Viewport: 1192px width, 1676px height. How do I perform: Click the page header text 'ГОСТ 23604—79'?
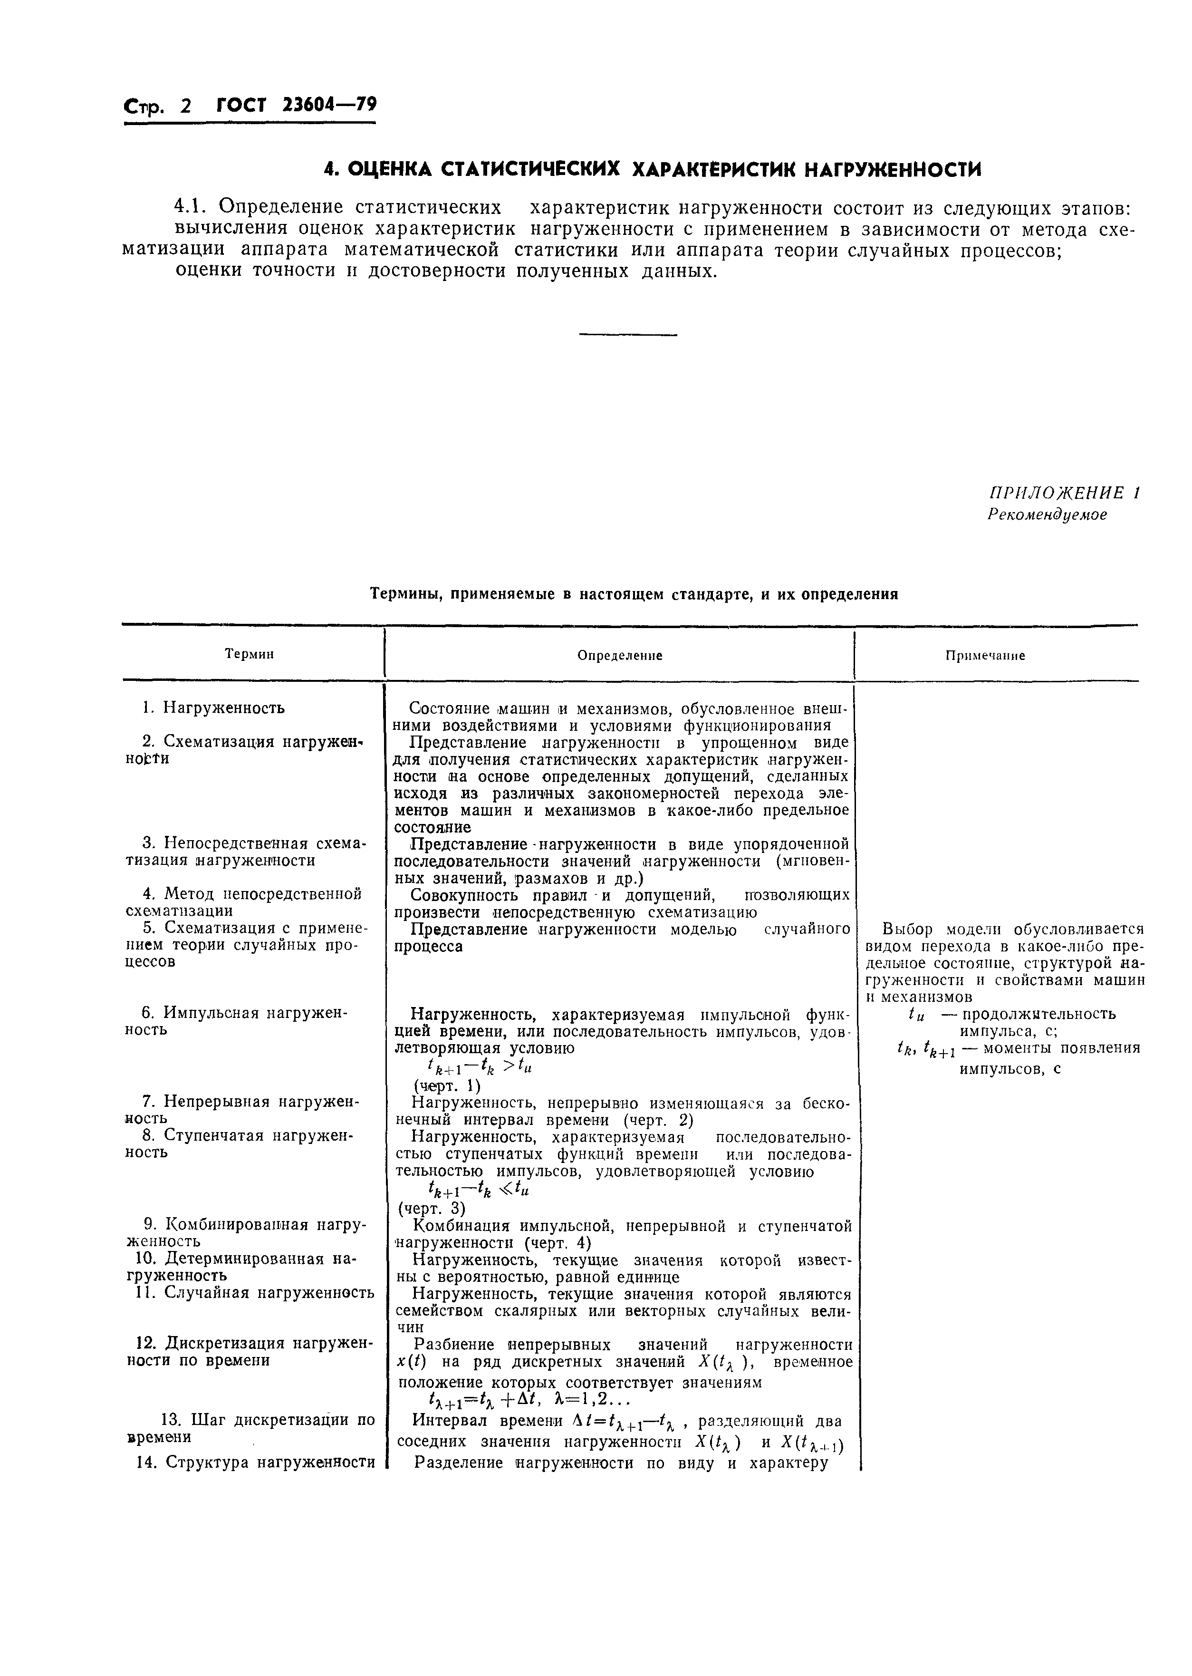[x=297, y=106]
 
